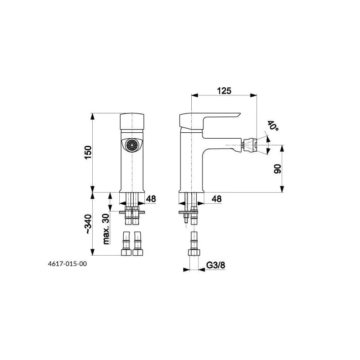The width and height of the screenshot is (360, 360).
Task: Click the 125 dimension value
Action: click(224, 91)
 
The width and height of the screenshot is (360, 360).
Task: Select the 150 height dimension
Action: click(88, 152)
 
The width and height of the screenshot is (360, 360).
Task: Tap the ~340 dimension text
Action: click(88, 224)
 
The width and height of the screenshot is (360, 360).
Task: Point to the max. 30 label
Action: click(106, 229)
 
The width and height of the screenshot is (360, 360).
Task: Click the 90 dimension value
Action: click(278, 169)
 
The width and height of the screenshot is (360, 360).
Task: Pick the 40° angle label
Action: click(273, 126)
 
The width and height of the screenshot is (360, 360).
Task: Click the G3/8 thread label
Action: click(216, 265)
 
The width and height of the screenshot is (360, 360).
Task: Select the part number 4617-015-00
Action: click(67, 264)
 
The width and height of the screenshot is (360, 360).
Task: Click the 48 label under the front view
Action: click(151, 199)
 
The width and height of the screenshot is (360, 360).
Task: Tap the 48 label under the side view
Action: click(216, 199)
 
